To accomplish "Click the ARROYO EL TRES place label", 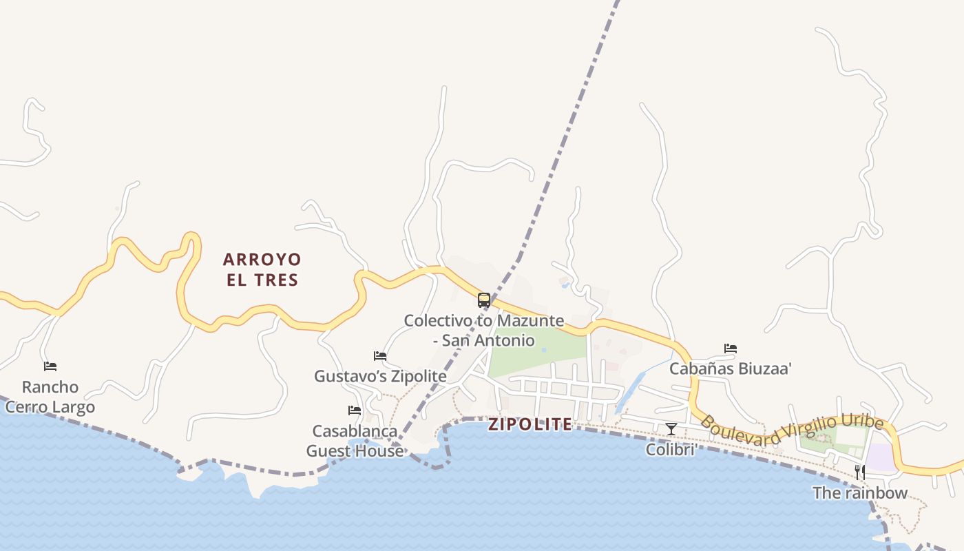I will (x=262, y=269).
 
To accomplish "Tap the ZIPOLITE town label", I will (x=530, y=424).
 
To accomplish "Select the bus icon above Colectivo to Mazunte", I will (x=484, y=300).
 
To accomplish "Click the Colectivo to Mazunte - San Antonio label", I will (x=483, y=331).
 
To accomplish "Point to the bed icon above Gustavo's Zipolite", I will (x=380, y=356).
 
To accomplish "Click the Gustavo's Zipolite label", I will (x=380, y=376).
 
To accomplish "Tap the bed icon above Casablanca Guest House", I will (x=355, y=410).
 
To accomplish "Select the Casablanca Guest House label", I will (x=355, y=441).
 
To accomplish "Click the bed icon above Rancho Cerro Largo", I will (x=50, y=366).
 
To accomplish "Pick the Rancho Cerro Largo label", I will (x=50, y=397).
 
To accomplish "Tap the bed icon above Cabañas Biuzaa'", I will (x=731, y=349).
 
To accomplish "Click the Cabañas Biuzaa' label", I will (x=731, y=368).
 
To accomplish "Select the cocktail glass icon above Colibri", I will (x=671, y=430).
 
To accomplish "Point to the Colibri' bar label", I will (x=671, y=450).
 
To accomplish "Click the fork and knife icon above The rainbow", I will (x=860, y=472).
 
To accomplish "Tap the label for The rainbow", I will (x=860, y=492).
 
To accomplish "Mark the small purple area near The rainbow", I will (x=880, y=457).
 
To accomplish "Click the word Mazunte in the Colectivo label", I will (x=530, y=320).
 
